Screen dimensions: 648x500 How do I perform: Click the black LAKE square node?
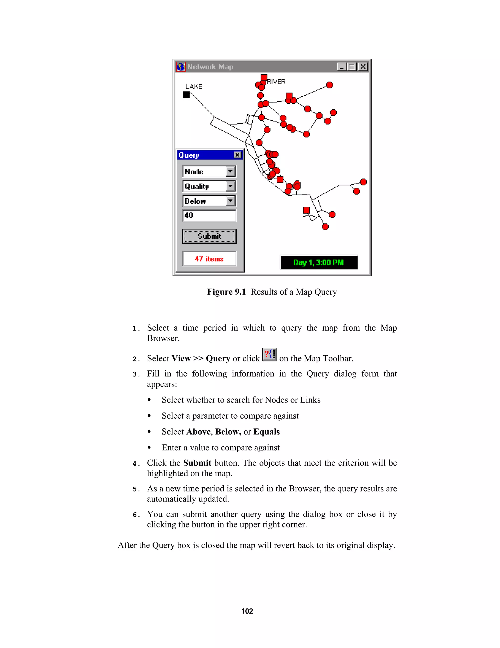point(186,95)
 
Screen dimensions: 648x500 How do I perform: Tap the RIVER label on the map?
point(276,82)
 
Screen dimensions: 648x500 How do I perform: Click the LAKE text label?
point(194,87)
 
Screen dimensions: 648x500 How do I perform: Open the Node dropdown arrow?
point(230,171)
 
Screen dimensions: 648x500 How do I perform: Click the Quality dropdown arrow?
point(230,186)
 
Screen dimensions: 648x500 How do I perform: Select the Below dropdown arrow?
point(230,201)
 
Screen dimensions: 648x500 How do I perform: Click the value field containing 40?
point(209,215)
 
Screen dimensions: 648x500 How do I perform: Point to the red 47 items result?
point(209,259)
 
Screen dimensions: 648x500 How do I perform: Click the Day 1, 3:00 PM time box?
point(319,262)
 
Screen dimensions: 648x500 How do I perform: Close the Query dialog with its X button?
point(237,155)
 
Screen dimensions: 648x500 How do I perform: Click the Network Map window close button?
point(363,67)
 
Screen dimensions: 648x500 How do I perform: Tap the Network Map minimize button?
point(342,67)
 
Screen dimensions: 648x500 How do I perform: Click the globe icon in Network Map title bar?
point(180,67)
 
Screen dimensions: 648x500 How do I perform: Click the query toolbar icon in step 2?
point(270,354)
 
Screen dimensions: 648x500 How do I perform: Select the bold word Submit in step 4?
point(197,463)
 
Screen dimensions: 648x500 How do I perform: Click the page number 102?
point(247,611)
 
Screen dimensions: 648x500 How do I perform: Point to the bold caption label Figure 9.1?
point(226,292)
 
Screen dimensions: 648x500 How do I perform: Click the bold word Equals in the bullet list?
point(266,432)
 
